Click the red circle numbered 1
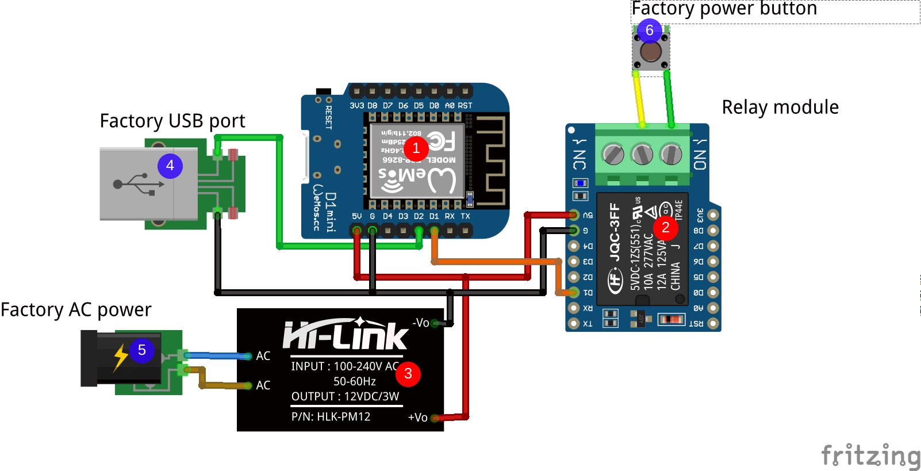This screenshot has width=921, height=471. pyautogui.click(x=416, y=148)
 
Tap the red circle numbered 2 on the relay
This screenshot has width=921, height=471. pyautogui.click(x=666, y=228)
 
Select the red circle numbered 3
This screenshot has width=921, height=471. pyautogui.click(x=408, y=374)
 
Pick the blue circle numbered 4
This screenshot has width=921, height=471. pyautogui.click(x=170, y=166)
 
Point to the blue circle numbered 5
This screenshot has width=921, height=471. pyautogui.click(x=142, y=350)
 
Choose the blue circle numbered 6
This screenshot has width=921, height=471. pyautogui.click(x=650, y=30)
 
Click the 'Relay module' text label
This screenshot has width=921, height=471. pyautogui.click(x=780, y=108)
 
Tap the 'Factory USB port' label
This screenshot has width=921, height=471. pyautogui.click(x=172, y=121)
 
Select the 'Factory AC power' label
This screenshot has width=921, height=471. pyautogui.click(x=76, y=310)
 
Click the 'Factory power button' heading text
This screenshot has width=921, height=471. pyautogui.click(x=724, y=9)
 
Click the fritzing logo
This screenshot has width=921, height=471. pyautogui.click(x=870, y=457)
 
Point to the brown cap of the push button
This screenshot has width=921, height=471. pyautogui.click(x=651, y=52)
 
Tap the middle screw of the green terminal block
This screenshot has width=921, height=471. pyautogui.click(x=642, y=154)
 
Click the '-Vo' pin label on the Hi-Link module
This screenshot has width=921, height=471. pyautogui.click(x=421, y=323)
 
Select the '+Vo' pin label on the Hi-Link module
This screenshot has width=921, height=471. pyautogui.click(x=418, y=418)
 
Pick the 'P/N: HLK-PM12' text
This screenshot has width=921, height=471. pyautogui.click(x=331, y=417)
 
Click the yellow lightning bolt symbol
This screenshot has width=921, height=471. pyautogui.click(x=120, y=357)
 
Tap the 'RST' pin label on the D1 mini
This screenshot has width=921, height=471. pyautogui.click(x=465, y=106)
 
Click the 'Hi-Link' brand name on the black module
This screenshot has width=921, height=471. pyautogui.click(x=346, y=335)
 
